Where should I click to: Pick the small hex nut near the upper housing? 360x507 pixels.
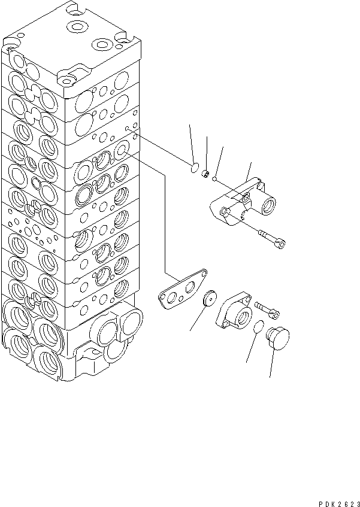pyautogui.click(x=205, y=174)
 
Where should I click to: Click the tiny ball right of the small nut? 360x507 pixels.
pyautogui.click(x=214, y=177)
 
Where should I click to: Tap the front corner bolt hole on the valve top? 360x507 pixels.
pyautogui.click(x=65, y=78)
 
